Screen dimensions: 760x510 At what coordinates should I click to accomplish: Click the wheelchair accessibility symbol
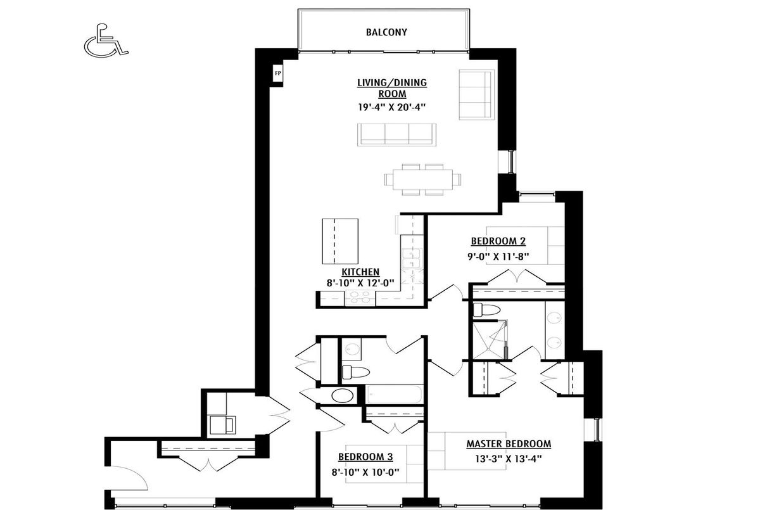pyautogui.click(x=106, y=41)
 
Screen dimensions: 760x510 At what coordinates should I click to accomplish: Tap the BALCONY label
pyautogui.click(x=386, y=32)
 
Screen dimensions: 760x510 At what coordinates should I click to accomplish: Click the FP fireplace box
pyautogui.click(x=278, y=73)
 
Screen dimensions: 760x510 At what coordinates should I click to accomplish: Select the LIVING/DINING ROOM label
pyautogui.click(x=392, y=88)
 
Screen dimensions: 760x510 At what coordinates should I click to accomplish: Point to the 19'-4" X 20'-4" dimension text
pyautogui.click(x=392, y=107)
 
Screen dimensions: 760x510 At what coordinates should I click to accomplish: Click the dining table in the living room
pyautogui.click(x=422, y=179)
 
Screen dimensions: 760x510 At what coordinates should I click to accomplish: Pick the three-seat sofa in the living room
pyautogui.click(x=396, y=135)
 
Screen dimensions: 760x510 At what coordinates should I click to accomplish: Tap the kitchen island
pyautogui.click(x=340, y=241)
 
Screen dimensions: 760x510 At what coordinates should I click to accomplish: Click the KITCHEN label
pyautogui.click(x=360, y=272)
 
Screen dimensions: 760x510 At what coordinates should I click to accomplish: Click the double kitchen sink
pyautogui.click(x=412, y=259)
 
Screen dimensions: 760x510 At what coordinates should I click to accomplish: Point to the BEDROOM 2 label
pyautogui.click(x=498, y=241)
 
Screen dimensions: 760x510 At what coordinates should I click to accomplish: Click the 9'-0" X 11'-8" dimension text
pyautogui.click(x=498, y=257)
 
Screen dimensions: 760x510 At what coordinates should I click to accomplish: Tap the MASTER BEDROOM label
pyautogui.click(x=509, y=444)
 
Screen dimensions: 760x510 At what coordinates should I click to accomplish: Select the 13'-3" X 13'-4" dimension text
pyautogui.click(x=509, y=459)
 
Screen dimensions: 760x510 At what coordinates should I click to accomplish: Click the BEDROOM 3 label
pyautogui.click(x=365, y=457)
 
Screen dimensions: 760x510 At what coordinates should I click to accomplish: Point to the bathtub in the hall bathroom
pyautogui.click(x=394, y=394)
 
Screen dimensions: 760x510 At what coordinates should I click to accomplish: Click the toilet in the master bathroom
pyautogui.click(x=486, y=310)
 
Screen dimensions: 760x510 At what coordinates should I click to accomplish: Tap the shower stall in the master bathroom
pyautogui.click(x=490, y=340)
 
